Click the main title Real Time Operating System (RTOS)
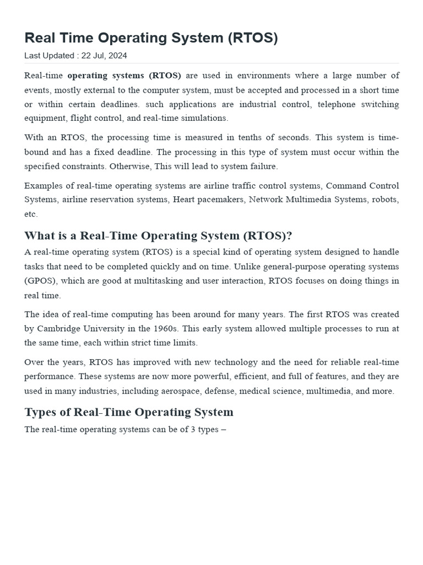[151, 38]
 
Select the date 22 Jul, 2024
[104, 55]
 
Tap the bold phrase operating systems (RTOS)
[124, 76]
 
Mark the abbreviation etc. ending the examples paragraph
[31, 214]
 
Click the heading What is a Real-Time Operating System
[158, 236]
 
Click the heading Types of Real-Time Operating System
[129, 412]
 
